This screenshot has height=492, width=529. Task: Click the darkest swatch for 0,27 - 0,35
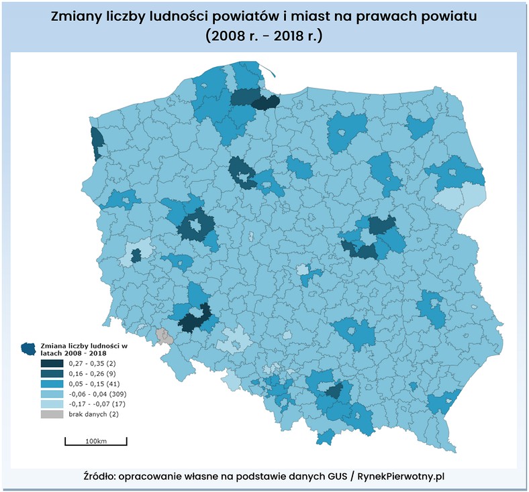point(52,363)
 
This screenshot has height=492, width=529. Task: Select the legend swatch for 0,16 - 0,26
point(52,373)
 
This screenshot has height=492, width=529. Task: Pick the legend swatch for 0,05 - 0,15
point(52,383)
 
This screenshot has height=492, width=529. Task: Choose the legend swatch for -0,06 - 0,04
point(52,393)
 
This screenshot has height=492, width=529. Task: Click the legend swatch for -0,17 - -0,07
point(52,404)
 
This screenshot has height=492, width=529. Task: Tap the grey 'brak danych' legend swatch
point(52,414)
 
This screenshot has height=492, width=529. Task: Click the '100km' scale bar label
point(96,440)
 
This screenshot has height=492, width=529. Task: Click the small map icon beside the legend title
point(29,348)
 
